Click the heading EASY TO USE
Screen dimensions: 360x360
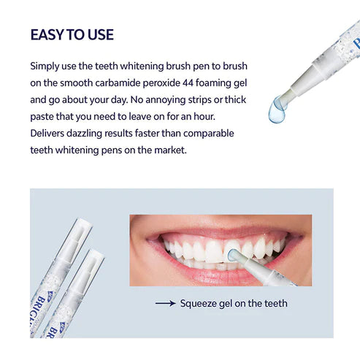tap(72, 35)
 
